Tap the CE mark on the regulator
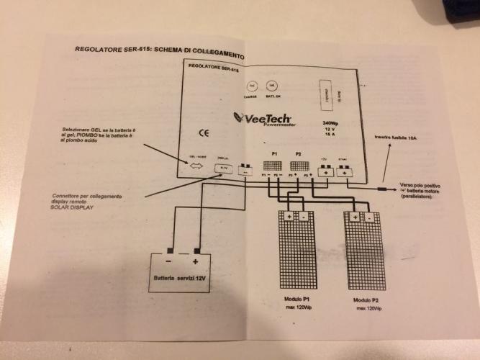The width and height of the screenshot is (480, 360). pyautogui.click(x=204, y=132)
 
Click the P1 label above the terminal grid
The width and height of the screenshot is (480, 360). pyautogui.click(x=274, y=155)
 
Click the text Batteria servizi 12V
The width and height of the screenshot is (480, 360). pyautogui.click(x=180, y=277)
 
